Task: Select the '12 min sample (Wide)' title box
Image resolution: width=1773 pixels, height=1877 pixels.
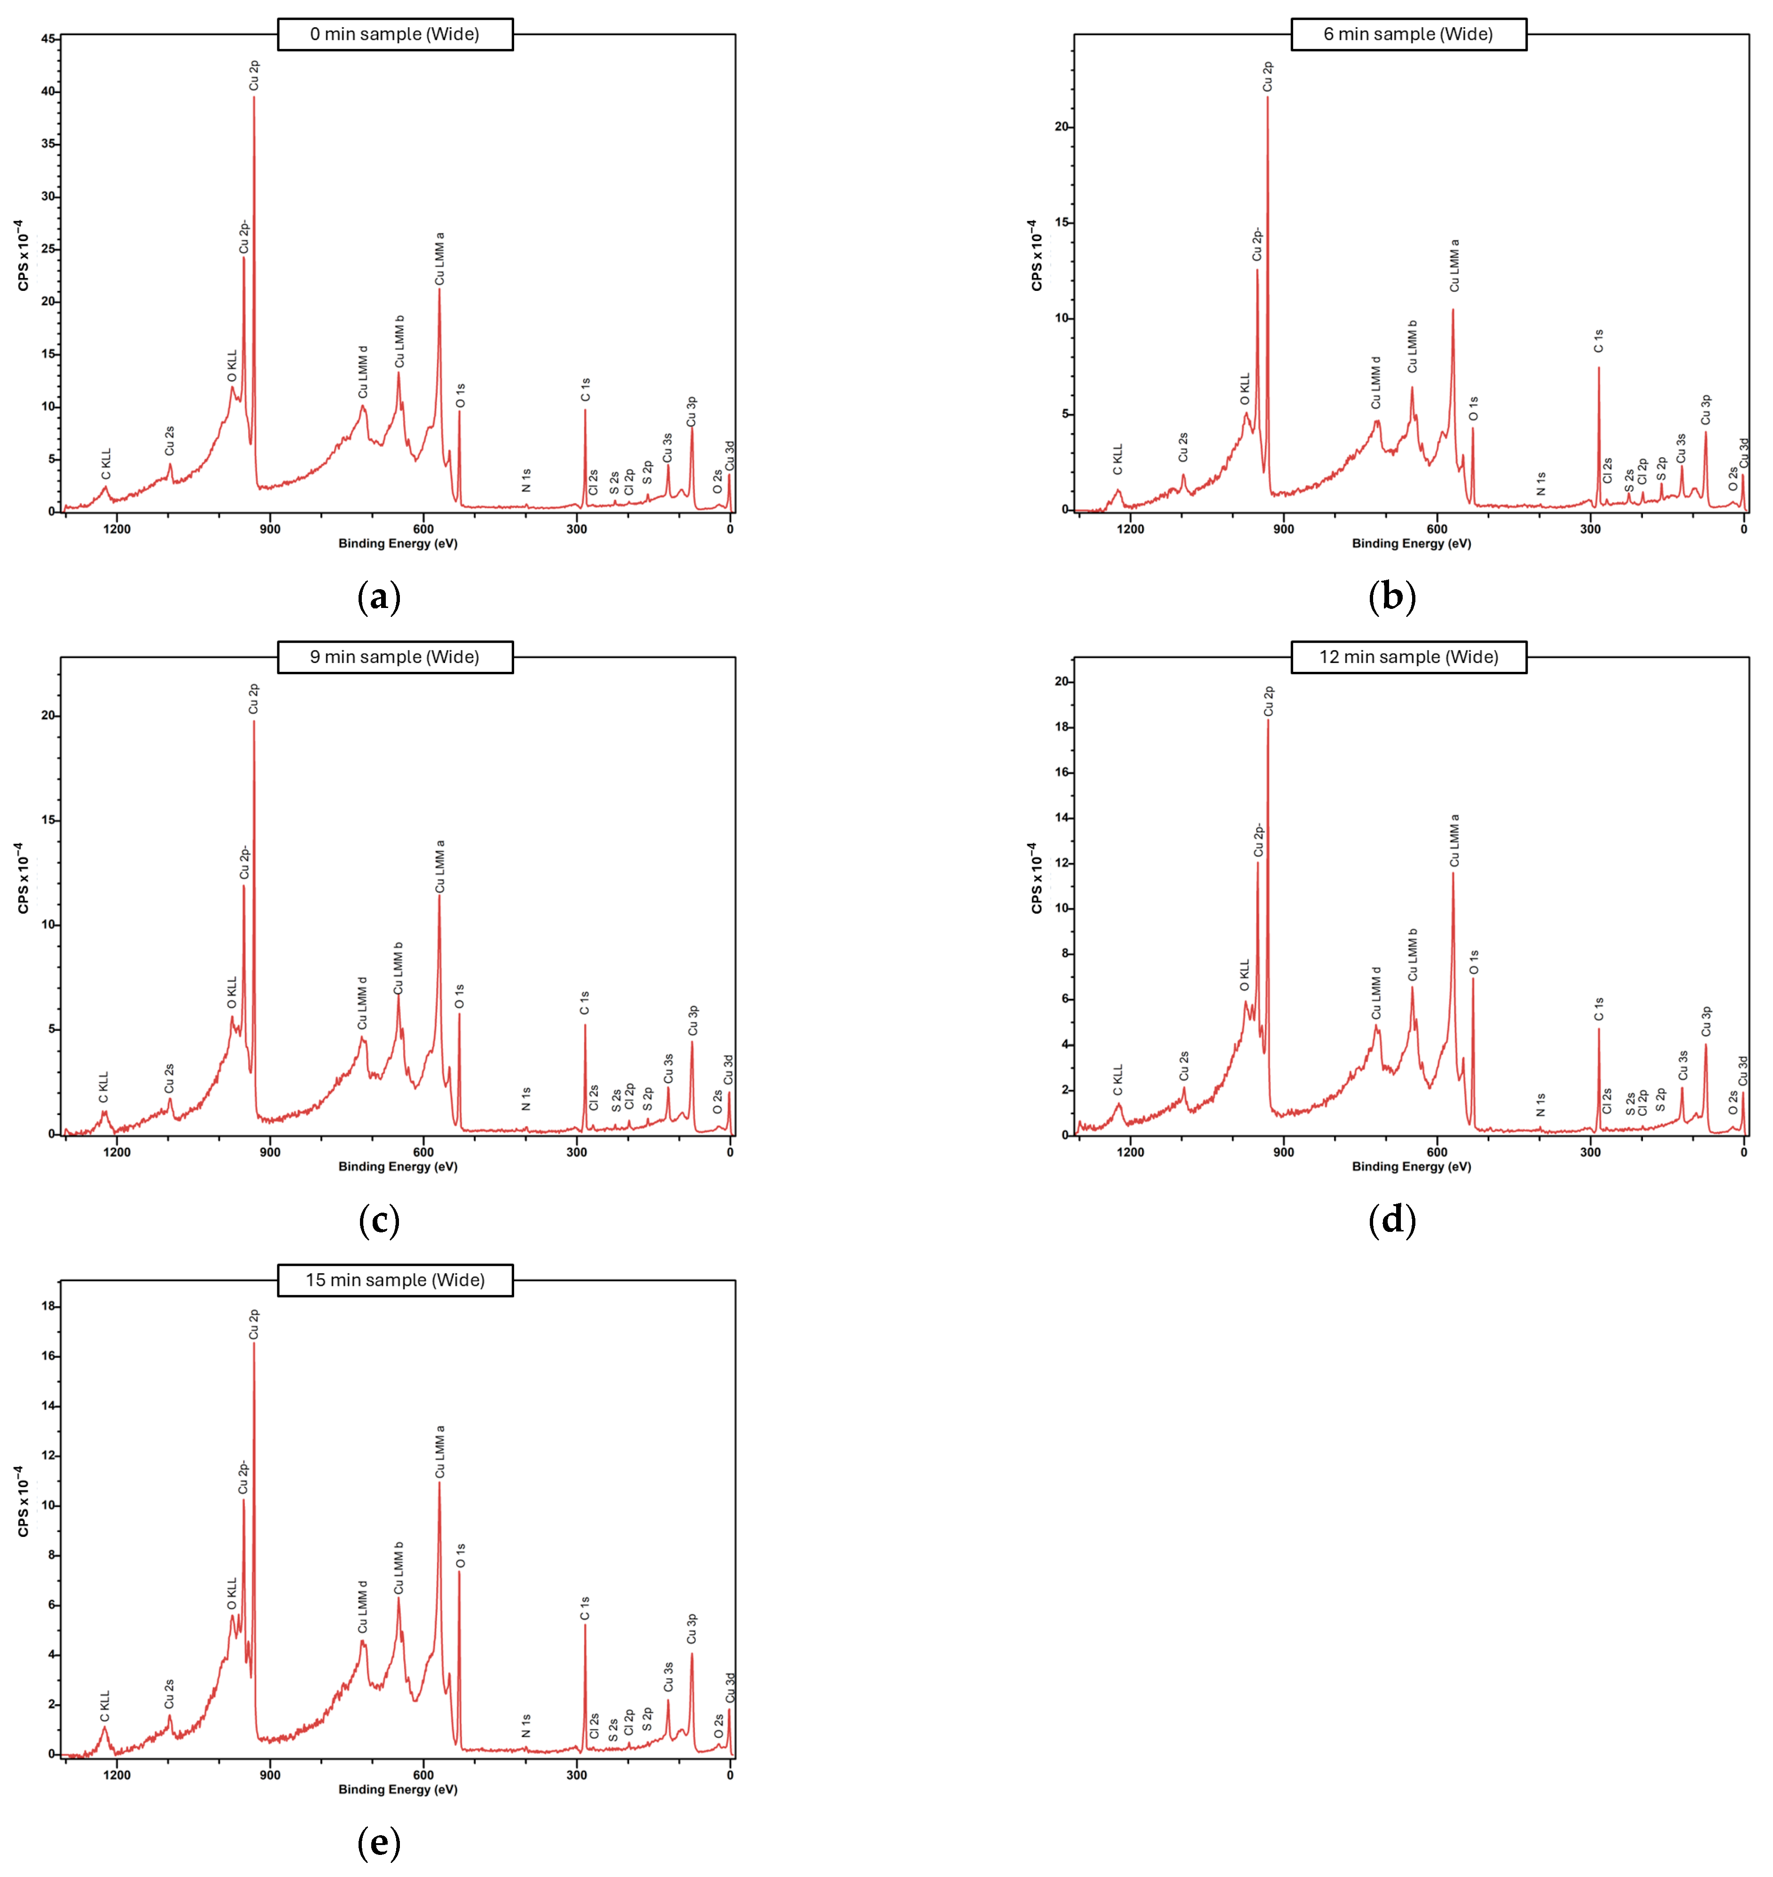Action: [1408, 657]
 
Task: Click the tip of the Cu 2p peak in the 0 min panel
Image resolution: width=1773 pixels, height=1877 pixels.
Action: [253, 97]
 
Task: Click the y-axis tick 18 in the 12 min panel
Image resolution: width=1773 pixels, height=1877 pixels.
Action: [1062, 727]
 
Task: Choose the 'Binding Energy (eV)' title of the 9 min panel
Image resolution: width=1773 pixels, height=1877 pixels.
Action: [398, 1166]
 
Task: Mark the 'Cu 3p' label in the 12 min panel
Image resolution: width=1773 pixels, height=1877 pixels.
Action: [1706, 1022]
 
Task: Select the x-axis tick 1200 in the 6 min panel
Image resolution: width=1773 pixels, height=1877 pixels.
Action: [1130, 529]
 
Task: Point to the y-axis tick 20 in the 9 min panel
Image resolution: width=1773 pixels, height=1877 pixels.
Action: [48, 716]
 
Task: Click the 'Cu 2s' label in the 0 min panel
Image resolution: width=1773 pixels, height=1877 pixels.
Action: [169, 440]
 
